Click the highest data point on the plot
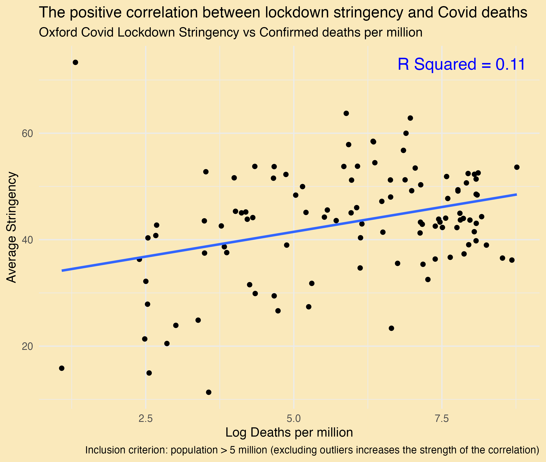pos(75,62)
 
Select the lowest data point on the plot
pos(209,392)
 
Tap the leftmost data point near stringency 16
pos(62,368)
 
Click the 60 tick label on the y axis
pos(28,134)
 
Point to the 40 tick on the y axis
pos(28,240)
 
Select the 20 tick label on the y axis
pos(28,346)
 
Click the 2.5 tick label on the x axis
pos(146,419)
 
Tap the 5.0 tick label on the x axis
pos(294,419)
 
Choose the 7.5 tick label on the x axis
pos(442,419)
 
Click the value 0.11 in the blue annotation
pos(510,64)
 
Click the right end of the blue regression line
pos(517,194)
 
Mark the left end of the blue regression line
pos(62,270)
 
